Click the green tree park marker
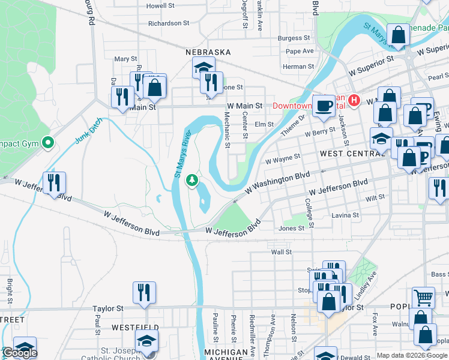click(x=192, y=180)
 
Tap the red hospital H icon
click(x=354, y=100)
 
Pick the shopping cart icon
click(x=423, y=296)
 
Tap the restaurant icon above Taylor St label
click(x=144, y=292)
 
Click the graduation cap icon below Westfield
click(x=146, y=341)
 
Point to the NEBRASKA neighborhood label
click(x=208, y=52)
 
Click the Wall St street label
click(x=281, y=253)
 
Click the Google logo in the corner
click(x=19, y=353)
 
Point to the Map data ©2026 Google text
click(x=412, y=355)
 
